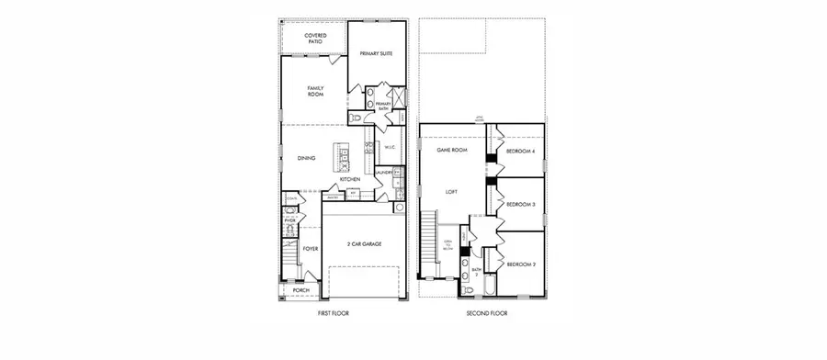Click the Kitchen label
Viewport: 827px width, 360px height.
coord(350,179)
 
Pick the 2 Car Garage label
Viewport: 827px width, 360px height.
coord(364,243)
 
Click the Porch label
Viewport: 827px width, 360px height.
coord(301,291)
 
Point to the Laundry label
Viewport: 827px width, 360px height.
coord(385,172)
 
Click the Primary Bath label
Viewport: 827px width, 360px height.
coord(383,107)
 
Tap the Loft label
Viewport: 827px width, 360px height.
coord(452,192)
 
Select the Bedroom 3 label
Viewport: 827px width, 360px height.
coord(520,205)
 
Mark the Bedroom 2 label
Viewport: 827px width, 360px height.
coord(520,264)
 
